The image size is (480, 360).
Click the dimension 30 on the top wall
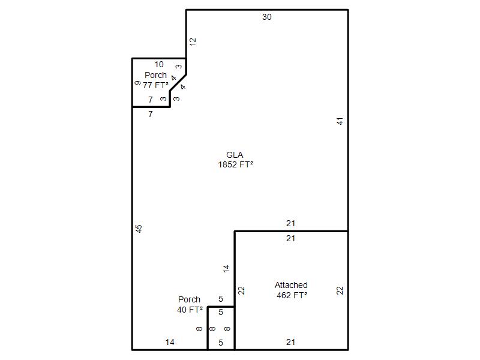tap(266, 17)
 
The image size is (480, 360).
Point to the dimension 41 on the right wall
tap(340, 121)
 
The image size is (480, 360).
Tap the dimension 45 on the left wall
tap(139, 229)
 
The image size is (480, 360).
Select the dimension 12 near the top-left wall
tap(193, 42)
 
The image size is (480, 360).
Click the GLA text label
tap(235, 155)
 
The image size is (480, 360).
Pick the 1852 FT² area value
tap(235, 164)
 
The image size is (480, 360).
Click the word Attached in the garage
tap(291, 285)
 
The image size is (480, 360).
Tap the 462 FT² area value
tap(292, 295)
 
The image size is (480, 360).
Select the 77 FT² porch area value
tap(155, 85)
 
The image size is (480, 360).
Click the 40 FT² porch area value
tap(190, 310)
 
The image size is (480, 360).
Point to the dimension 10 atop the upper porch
tap(159, 65)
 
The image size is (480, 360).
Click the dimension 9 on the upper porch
tap(137, 83)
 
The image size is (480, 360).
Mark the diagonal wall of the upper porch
tap(178, 83)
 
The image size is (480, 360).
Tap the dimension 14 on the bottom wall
tap(170, 342)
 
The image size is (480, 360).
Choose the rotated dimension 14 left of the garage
tap(226, 269)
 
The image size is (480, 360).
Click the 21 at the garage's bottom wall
tap(291, 342)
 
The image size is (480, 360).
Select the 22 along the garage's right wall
tap(340, 290)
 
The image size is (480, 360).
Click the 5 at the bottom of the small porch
tap(221, 343)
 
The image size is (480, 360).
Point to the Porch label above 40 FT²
tap(189, 299)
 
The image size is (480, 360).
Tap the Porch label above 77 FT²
tap(155, 75)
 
